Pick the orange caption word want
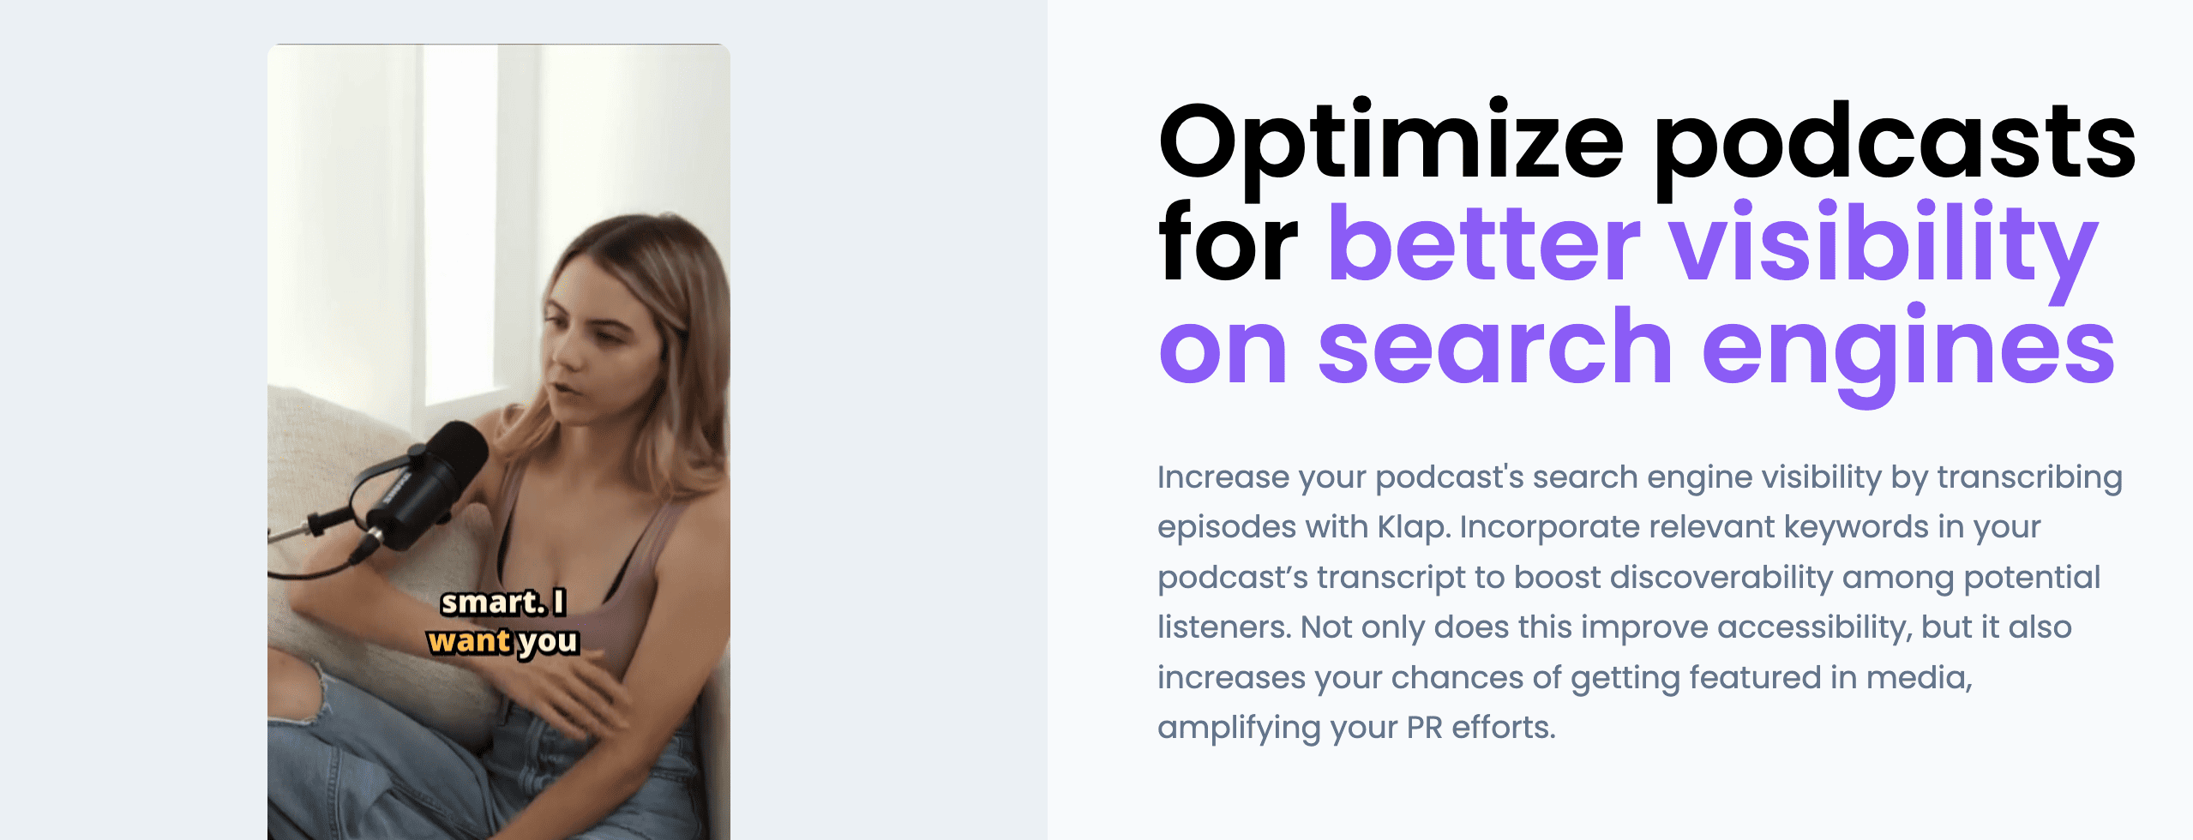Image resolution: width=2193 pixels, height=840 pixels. point(469,640)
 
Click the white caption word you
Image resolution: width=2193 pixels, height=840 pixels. point(549,642)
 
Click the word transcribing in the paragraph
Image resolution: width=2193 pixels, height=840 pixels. point(2030,477)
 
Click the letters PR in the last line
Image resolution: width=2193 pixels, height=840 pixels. point(1425,728)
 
